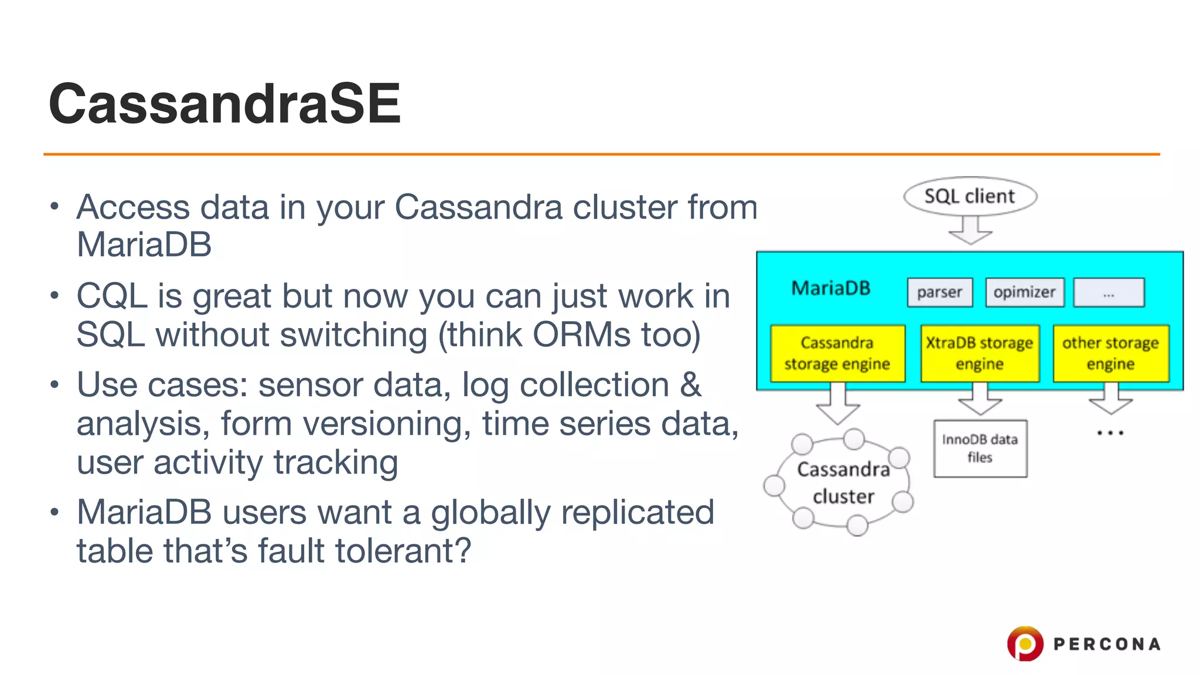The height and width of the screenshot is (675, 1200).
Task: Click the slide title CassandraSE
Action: coord(225,104)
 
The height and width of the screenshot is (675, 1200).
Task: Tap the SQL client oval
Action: coord(970,196)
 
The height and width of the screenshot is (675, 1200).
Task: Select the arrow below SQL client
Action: coord(970,230)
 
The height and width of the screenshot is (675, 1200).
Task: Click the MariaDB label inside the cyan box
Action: coord(830,288)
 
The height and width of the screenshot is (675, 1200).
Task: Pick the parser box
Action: coord(939,292)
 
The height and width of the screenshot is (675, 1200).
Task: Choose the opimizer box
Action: coord(1024,292)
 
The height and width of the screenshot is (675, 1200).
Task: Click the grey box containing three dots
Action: coord(1109,292)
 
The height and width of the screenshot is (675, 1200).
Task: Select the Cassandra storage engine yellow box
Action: coord(837,353)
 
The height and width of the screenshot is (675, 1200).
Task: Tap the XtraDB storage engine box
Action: coord(980,353)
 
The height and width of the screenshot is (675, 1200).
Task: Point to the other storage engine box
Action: coord(1110,353)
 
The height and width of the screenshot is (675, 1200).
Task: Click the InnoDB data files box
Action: coord(980,448)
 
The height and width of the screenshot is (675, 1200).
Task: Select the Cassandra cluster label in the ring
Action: coord(843,482)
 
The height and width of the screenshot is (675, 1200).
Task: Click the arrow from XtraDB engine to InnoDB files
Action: coord(980,400)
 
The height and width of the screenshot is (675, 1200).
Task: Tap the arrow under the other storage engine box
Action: coord(1110,400)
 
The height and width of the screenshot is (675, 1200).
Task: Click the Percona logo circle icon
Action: coord(1025,643)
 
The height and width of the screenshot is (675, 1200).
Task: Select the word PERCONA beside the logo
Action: coord(1106,644)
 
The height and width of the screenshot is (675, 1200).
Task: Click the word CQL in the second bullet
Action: coord(111,296)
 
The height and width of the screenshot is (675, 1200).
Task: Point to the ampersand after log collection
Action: coord(690,385)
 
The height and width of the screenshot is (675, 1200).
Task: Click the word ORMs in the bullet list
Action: coord(581,335)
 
